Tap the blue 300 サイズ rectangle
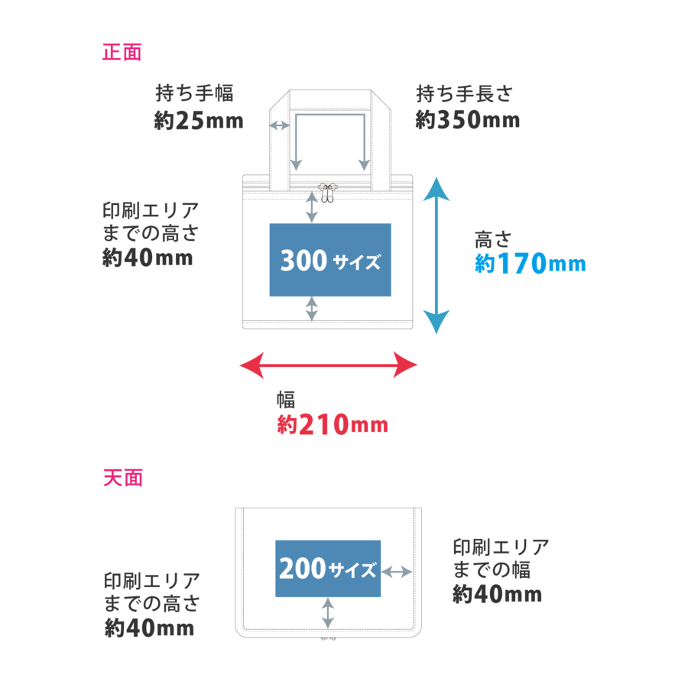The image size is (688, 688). (x=330, y=260)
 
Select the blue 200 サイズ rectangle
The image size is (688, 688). (x=328, y=568)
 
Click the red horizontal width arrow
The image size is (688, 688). (x=329, y=365)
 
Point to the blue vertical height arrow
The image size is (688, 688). (x=436, y=255)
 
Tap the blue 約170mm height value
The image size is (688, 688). (x=530, y=264)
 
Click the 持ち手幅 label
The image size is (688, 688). (x=194, y=94)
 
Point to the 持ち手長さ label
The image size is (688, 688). (x=465, y=94)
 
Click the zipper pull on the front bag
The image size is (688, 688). (x=327, y=193)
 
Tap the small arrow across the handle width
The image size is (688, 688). (x=280, y=125)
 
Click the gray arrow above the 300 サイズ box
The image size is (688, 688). (x=312, y=206)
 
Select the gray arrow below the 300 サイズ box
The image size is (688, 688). (x=312, y=309)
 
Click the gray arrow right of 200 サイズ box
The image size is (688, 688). (x=397, y=571)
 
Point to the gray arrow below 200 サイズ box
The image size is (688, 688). (x=328, y=613)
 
